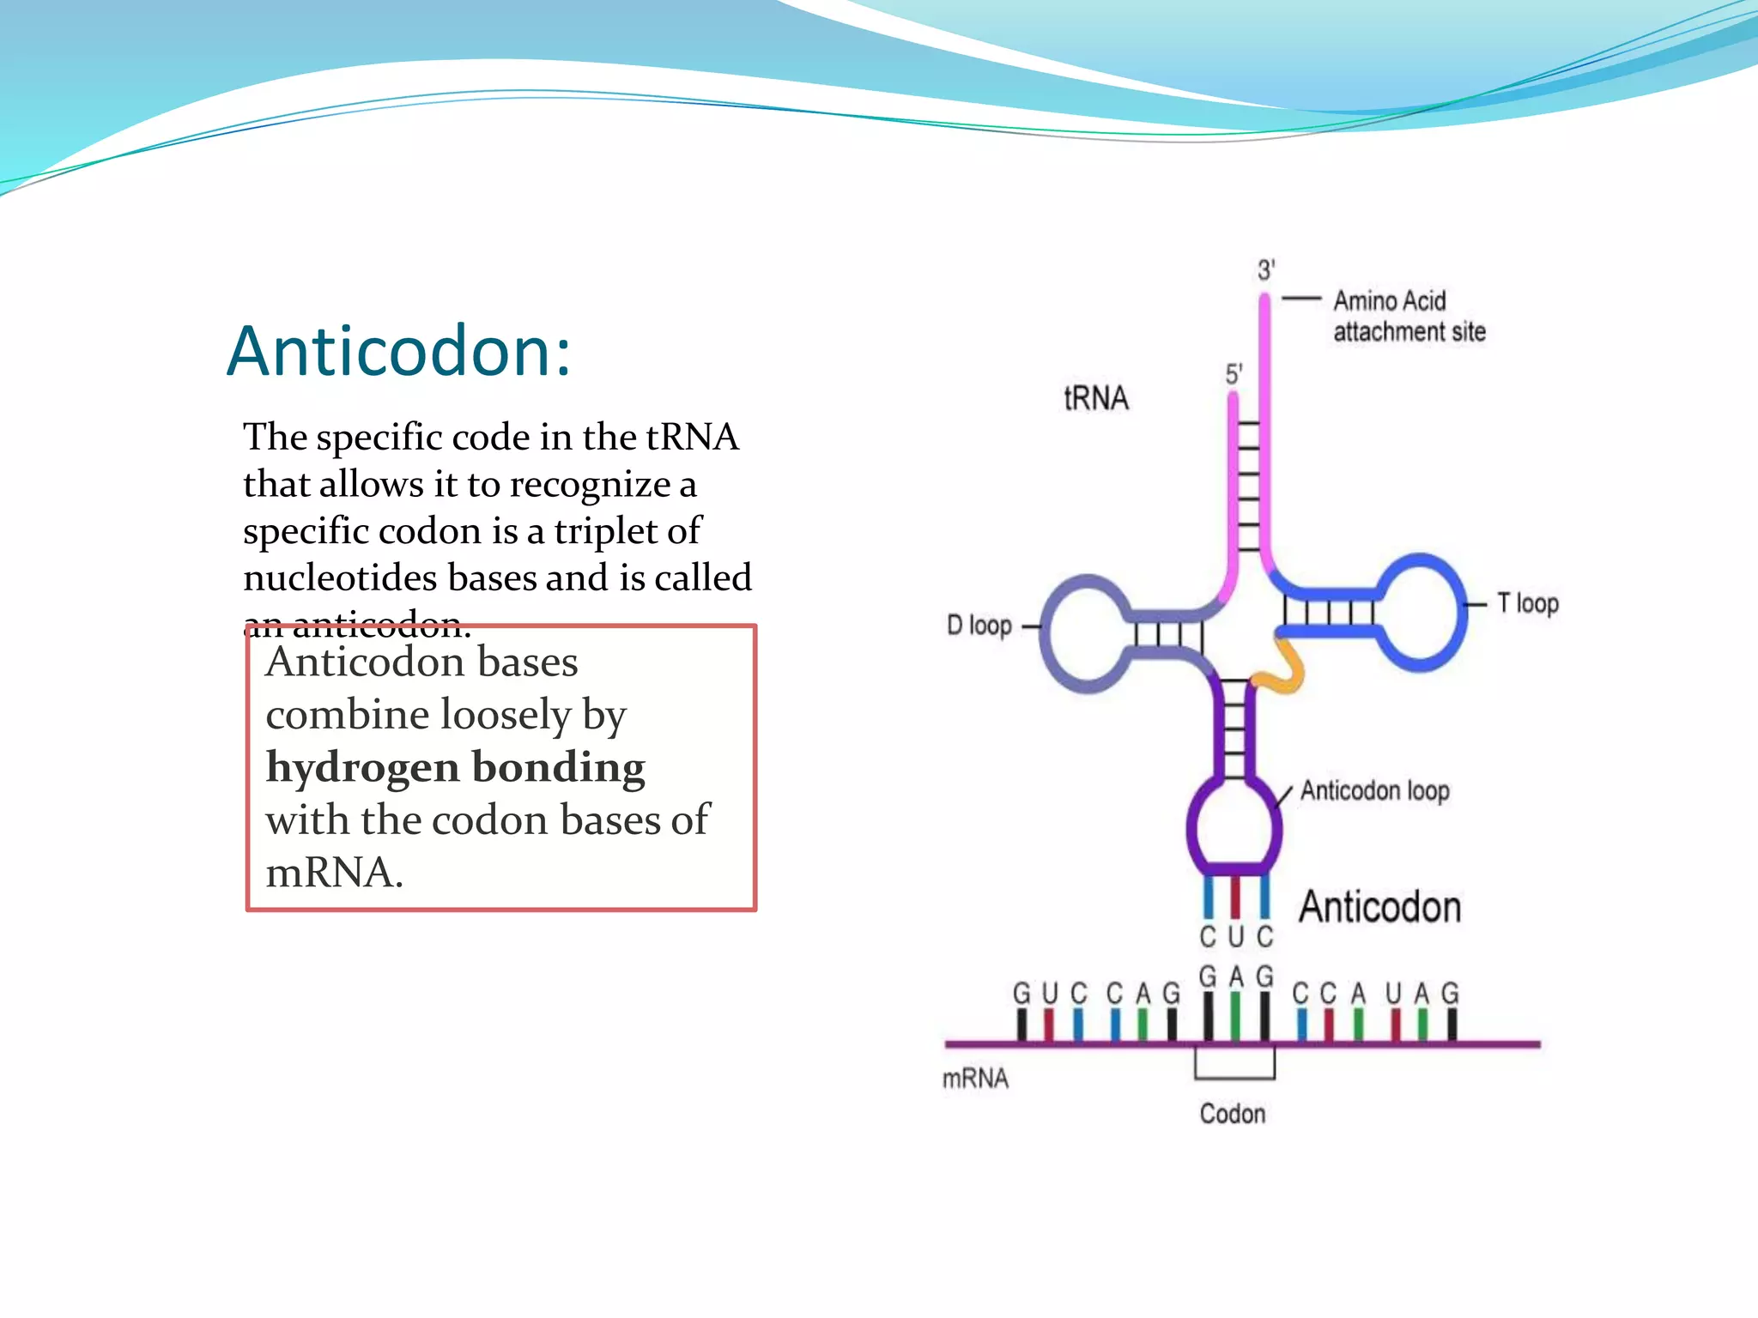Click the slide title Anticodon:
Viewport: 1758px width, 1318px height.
(398, 352)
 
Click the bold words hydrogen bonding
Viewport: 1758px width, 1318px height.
(455, 768)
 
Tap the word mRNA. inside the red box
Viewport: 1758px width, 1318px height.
(333, 874)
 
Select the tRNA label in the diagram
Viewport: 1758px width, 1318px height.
(1096, 399)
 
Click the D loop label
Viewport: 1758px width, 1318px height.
(979, 626)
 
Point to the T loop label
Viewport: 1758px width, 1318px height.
(1528, 604)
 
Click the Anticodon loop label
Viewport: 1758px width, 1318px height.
(1374, 790)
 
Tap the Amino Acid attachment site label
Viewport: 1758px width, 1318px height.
(1408, 317)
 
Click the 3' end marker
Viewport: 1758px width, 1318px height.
(1266, 270)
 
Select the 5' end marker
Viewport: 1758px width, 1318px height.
(1234, 374)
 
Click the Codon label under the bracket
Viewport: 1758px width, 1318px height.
(1233, 1114)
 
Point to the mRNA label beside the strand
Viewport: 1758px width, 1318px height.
(975, 1079)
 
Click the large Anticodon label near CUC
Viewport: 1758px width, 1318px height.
(1379, 908)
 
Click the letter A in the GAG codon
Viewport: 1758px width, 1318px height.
(1236, 977)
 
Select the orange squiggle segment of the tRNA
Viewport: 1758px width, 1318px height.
(1284, 669)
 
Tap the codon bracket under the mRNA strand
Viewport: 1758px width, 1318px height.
(1234, 1076)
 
